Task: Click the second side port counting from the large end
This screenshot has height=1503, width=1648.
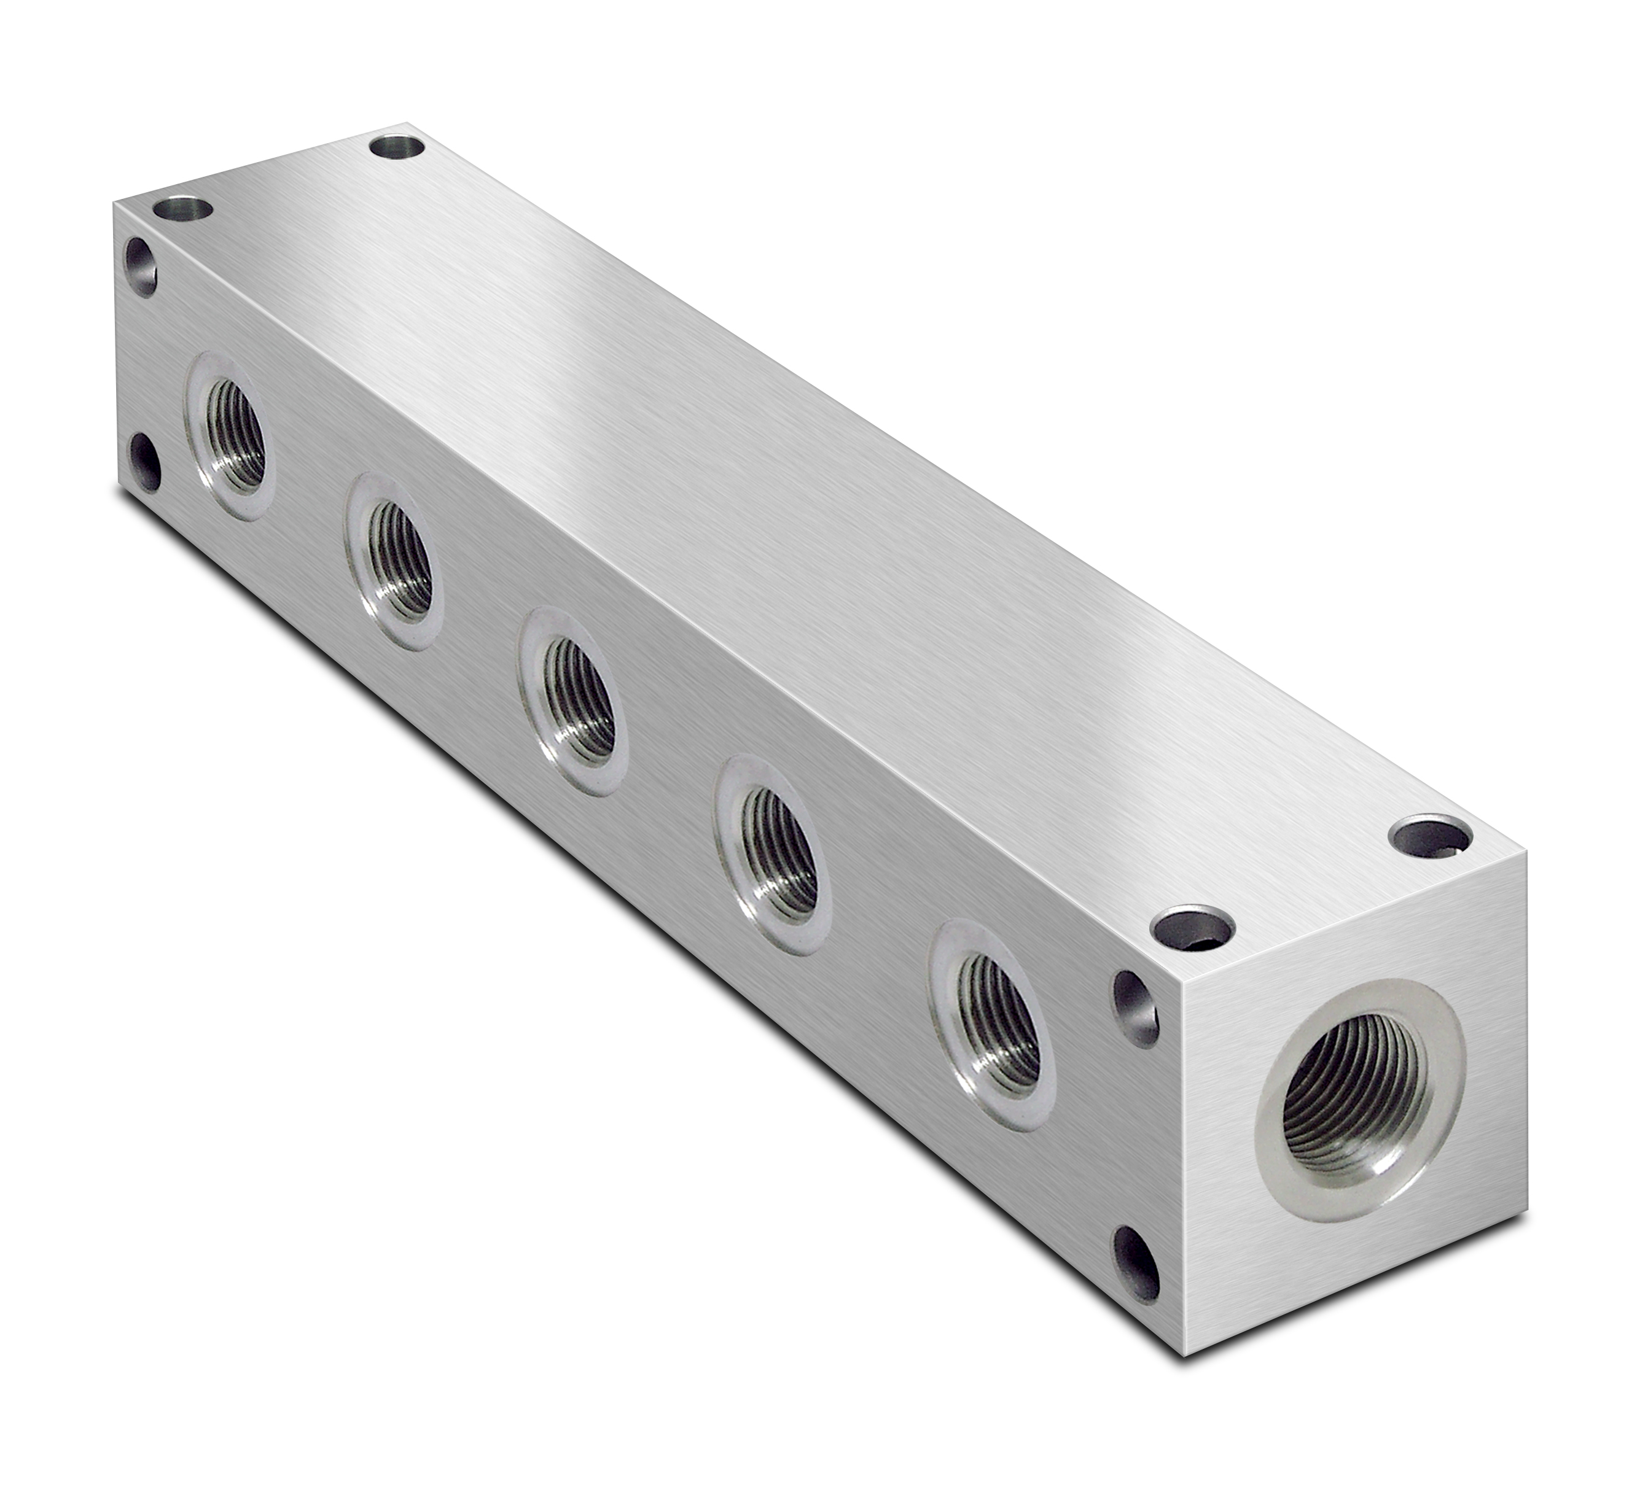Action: pyautogui.click(x=776, y=859)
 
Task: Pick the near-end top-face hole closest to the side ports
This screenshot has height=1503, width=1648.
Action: pyautogui.click(x=1192, y=931)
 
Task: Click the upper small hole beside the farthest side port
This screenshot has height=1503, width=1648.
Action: pyautogui.click(x=141, y=266)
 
